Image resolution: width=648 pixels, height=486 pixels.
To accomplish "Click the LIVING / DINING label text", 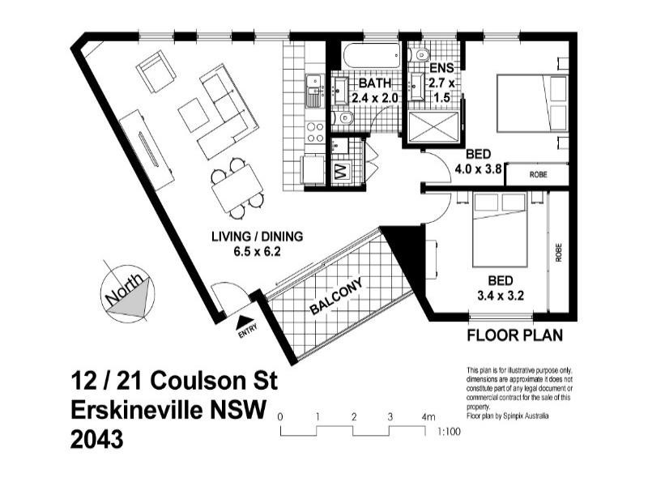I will [x=257, y=237].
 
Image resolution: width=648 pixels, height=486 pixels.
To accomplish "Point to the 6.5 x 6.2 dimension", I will [x=257, y=251].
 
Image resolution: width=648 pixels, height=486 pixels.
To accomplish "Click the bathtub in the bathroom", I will [x=371, y=56].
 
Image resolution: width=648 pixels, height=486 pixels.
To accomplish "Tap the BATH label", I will [x=376, y=83].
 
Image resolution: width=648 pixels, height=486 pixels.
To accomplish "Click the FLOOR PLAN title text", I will [x=515, y=335].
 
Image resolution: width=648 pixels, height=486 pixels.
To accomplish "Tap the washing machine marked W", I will [x=340, y=172].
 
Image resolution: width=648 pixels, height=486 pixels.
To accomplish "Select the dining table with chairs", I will [x=237, y=187].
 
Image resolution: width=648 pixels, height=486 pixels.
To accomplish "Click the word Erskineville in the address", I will [x=151, y=411].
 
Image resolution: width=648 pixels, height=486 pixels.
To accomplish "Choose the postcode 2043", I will [x=98, y=441].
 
